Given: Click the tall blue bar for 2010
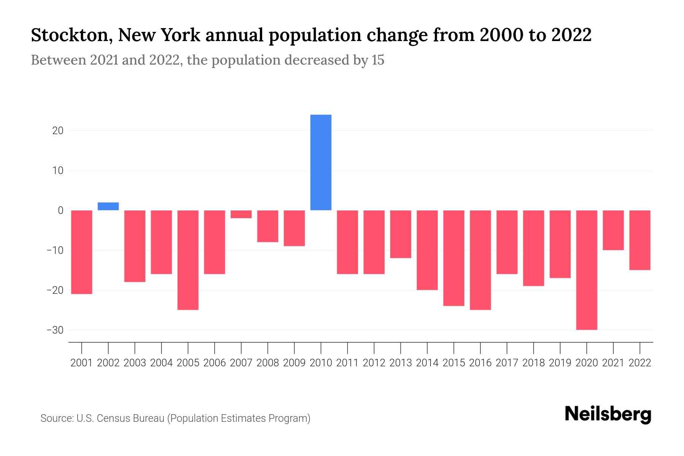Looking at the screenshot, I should pos(321,162).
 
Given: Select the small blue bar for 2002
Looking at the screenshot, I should pos(108,206).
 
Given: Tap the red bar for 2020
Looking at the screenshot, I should pos(586,270).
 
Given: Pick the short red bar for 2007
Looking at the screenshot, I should pos(241,214).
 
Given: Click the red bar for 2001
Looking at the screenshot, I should pos(82,252).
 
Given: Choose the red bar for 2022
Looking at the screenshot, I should pos(640,240).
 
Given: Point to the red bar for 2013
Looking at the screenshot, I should pos(401,234).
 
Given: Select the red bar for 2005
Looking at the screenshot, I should pos(188,260).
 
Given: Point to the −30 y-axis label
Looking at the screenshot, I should pos(55,330).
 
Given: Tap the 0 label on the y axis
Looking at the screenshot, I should pos(60,211).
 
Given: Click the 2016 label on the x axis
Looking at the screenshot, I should pos(480,363).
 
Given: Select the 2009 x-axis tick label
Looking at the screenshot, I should pos(294,363).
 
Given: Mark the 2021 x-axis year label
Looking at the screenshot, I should pos(613,363).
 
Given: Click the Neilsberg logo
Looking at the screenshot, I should pos(608,415).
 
